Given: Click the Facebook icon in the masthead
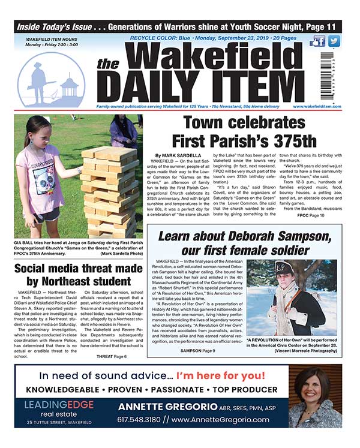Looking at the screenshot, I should click(x=319, y=41).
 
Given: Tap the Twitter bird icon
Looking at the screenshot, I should click(x=334, y=41).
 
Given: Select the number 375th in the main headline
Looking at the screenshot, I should click(x=289, y=142).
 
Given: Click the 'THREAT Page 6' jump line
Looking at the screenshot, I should click(x=112, y=356).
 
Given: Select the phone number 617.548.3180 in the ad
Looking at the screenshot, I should click(x=142, y=420).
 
